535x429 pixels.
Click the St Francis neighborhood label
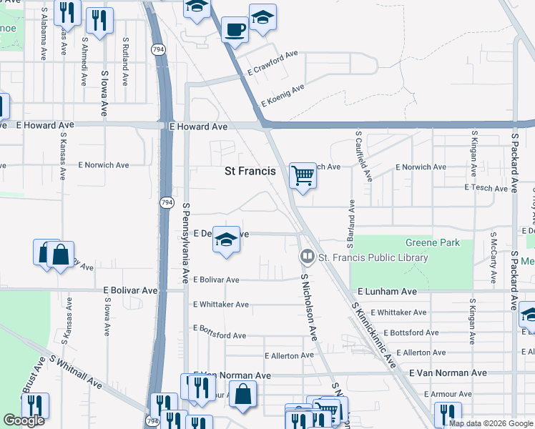click(x=250, y=171)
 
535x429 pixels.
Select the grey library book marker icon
click(x=307, y=256)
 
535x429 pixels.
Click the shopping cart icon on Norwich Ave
click(x=303, y=174)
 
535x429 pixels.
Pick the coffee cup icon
click(x=235, y=30)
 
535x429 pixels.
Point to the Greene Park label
click(x=433, y=242)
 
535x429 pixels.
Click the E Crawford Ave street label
click(x=273, y=63)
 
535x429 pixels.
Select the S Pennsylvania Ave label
click(x=185, y=241)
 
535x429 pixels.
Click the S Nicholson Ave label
click(x=308, y=306)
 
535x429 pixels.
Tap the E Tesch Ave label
click(x=486, y=187)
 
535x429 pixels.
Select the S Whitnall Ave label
click(x=77, y=371)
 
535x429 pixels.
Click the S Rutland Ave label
click(x=125, y=62)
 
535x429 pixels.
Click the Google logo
click(x=24, y=420)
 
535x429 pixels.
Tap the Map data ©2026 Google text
click(x=490, y=423)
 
